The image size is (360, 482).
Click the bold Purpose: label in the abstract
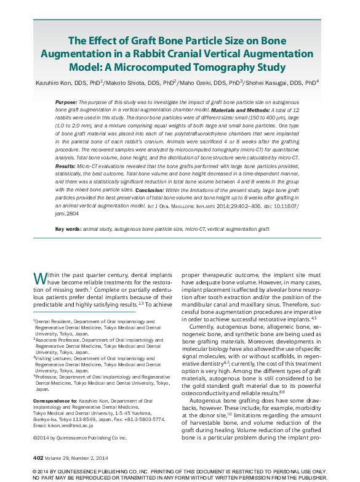click(x=66, y=101)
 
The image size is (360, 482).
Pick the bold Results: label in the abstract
click(x=66, y=166)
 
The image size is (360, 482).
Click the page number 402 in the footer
click(x=37, y=458)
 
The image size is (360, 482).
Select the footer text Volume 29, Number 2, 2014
click(x=77, y=458)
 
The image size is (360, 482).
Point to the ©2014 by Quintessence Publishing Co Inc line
click(x=79, y=438)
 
